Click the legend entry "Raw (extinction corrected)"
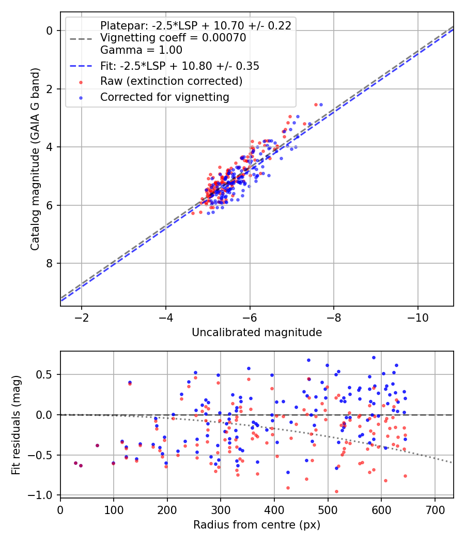tap(171, 81)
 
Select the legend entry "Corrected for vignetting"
tap(165, 97)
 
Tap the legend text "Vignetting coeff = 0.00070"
tap(173, 38)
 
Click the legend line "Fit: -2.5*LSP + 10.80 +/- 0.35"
tap(81, 66)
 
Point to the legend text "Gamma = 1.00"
tap(141, 50)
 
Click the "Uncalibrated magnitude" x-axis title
tap(257, 333)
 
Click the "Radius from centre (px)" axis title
tap(257, 525)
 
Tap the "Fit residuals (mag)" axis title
tap(16, 424)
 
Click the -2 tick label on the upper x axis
tap(82, 318)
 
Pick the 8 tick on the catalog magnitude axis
tap(50, 264)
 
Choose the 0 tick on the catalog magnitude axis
tap(50, 31)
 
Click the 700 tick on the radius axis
tap(435, 510)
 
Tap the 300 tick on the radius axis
tap(221, 510)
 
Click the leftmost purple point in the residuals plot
tap(75, 463)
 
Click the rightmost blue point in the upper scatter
tap(321, 104)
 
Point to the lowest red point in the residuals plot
tap(336, 491)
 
